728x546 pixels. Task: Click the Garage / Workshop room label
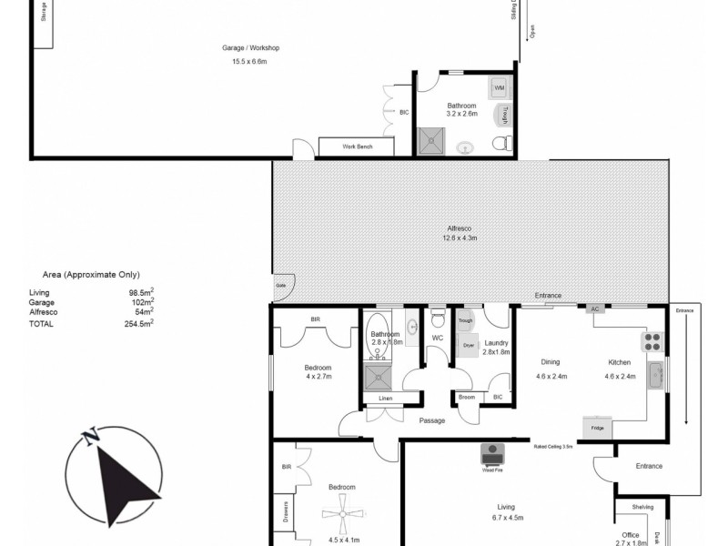coord(250,47)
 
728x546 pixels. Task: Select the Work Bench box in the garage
coord(357,147)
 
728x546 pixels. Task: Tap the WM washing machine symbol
coord(499,88)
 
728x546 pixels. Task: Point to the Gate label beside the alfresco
coord(281,285)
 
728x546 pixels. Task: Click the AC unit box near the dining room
coord(595,308)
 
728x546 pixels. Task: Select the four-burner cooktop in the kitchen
coord(652,341)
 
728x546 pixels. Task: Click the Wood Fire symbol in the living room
coord(494,454)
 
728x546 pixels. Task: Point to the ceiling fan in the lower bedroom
coord(341,513)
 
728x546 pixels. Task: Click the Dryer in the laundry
coord(470,345)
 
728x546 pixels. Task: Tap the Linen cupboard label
coord(385,398)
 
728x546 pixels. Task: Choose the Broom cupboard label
coord(467,397)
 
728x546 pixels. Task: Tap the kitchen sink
coord(654,374)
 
